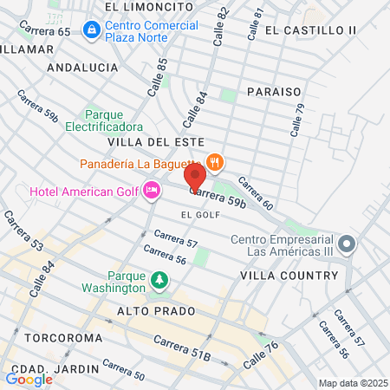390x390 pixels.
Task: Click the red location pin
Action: click(x=195, y=177)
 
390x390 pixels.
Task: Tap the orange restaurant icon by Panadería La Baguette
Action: click(x=214, y=162)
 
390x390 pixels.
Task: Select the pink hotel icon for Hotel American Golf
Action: click(x=152, y=190)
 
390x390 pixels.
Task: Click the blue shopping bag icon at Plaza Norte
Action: click(x=90, y=30)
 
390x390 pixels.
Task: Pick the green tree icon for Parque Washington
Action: click(x=159, y=280)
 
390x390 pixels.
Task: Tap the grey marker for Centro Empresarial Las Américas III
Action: click(x=348, y=244)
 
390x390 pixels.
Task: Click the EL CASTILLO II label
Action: click(x=311, y=30)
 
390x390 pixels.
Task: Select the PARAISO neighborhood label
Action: click(x=273, y=91)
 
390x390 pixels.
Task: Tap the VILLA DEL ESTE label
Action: click(x=156, y=141)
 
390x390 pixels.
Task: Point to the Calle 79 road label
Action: click(x=298, y=120)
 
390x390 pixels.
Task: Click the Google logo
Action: click(x=29, y=379)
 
